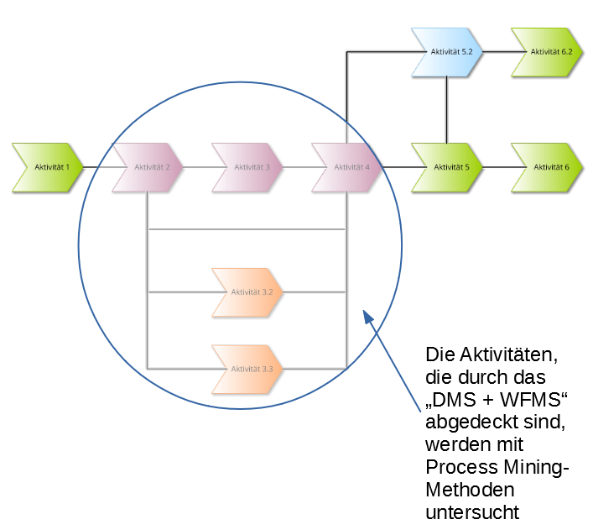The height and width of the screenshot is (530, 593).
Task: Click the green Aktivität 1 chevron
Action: tap(48, 167)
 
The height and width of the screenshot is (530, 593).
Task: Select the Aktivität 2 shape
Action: tap(148, 167)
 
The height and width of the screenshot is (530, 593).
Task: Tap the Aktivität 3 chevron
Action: tap(247, 167)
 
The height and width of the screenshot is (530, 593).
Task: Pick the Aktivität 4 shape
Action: tap(347, 167)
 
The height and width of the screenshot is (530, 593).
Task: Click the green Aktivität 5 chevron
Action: tap(447, 167)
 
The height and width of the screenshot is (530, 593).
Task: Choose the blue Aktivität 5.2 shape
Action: tap(447, 52)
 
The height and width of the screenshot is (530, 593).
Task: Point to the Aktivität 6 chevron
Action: tap(547, 167)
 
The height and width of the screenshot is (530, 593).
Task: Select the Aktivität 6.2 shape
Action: tap(547, 52)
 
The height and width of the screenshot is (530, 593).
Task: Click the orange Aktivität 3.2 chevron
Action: tap(247, 292)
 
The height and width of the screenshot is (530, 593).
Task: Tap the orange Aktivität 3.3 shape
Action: tap(247, 369)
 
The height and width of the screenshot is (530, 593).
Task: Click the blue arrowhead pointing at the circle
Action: tap(367, 315)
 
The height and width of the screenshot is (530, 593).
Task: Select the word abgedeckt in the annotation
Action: tap(463, 422)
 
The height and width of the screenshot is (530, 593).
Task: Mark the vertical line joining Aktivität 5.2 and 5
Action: tap(447, 109)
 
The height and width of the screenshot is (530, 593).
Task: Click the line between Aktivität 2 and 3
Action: tap(197, 167)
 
